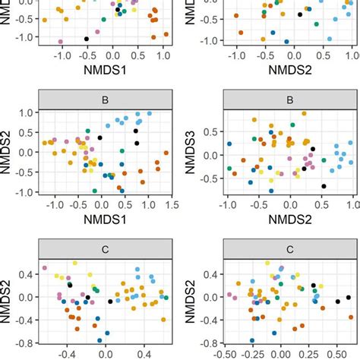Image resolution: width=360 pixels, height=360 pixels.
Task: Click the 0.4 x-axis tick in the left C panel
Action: [x=142, y=353]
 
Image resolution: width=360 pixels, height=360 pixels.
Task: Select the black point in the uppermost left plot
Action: [x=87, y=39]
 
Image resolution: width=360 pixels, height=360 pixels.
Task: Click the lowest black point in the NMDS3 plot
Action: [x=323, y=185]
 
